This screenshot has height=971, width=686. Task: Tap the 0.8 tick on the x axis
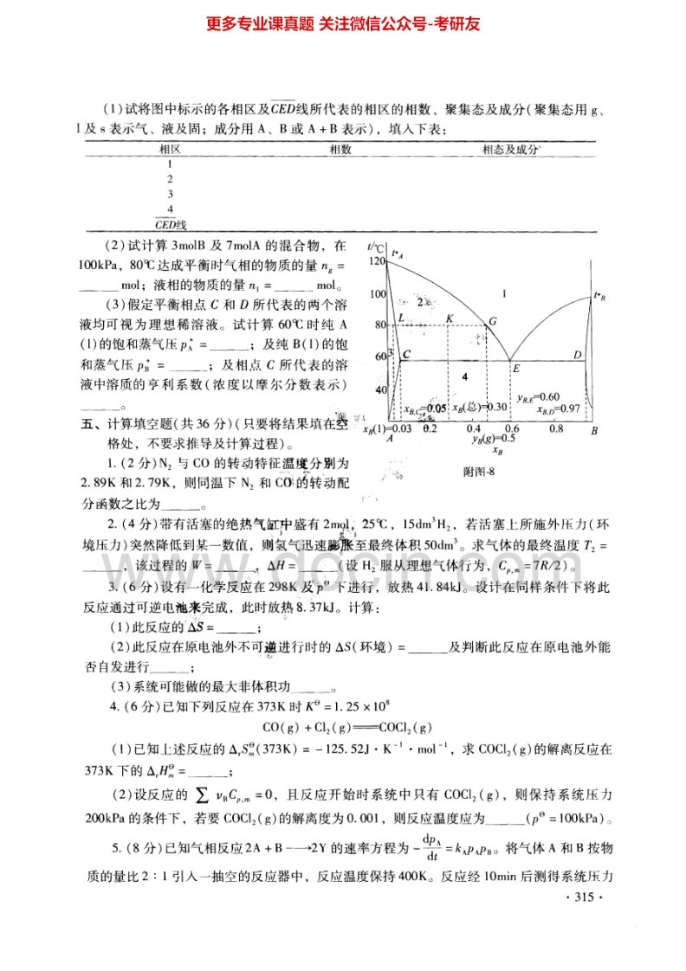(555, 428)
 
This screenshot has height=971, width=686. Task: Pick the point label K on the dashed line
(450, 318)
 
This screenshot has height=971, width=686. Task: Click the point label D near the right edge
(577, 355)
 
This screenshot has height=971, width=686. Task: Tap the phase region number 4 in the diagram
(464, 377)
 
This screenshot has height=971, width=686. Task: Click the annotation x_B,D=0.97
(558, 408)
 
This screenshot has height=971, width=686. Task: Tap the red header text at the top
(344, 23)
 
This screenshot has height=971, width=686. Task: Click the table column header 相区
(170, 149)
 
